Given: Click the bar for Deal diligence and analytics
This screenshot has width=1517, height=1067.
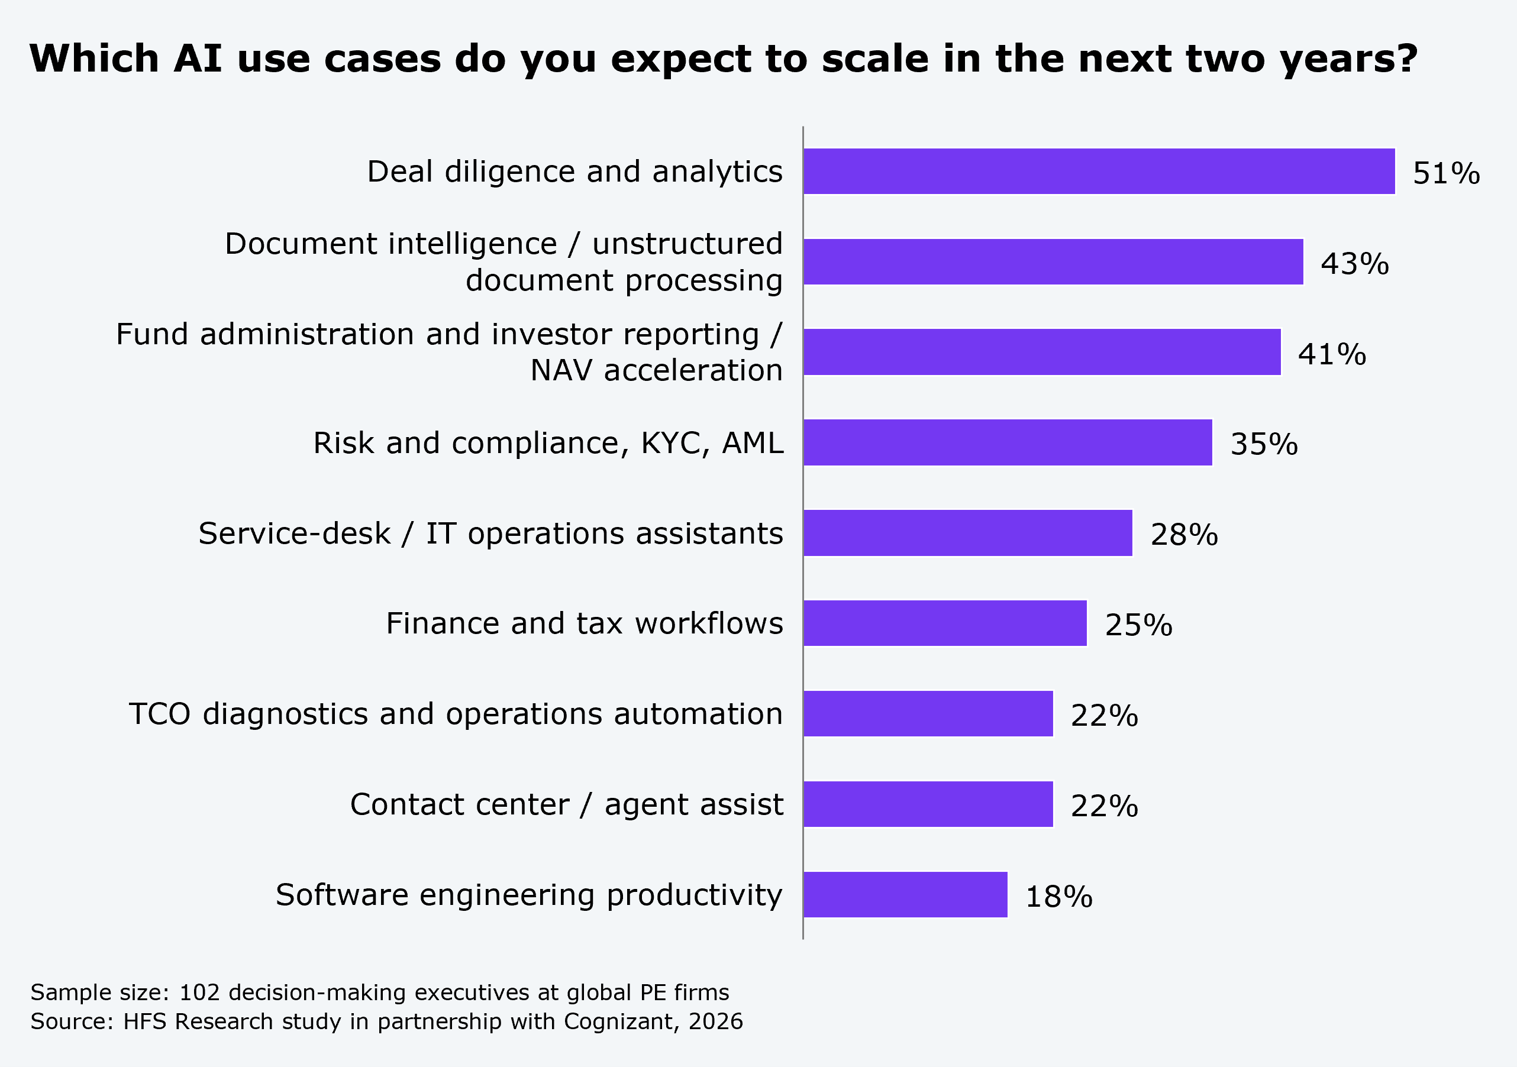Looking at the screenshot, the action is pos(1099,171).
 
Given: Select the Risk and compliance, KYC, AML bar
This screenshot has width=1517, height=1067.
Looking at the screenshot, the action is pos(1008,442).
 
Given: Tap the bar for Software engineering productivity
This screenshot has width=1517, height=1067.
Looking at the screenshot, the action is pos(906,894).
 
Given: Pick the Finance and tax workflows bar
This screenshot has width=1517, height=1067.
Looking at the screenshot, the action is pos(945,623).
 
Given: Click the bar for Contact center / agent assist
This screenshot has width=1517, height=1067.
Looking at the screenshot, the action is pos(928,804).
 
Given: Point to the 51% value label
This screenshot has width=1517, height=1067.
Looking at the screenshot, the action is pos(1447,173).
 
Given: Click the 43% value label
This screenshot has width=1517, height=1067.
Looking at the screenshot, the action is pos(1355,264).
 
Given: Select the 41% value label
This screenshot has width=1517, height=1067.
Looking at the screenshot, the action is pos(1332,354).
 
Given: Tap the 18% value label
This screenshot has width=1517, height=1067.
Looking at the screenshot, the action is pos(1059,897).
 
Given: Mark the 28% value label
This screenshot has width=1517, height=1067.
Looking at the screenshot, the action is pos(1184,535).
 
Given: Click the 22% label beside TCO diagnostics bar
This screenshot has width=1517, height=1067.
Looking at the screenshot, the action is pos(1105,716).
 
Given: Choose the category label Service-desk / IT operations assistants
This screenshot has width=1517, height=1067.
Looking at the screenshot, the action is pos(491,533).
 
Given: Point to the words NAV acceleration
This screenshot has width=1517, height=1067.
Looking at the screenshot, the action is pos(657,370).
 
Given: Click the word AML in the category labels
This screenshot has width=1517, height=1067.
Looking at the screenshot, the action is pos(753,442).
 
